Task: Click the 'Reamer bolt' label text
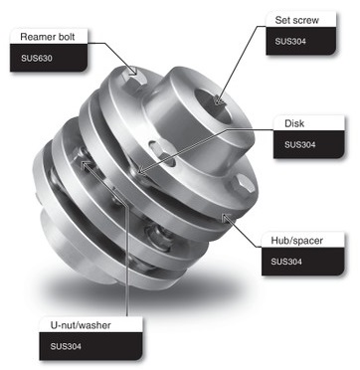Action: [x=50, y=38]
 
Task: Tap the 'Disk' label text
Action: [x=294, y=123]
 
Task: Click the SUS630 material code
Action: [x=35, y=59]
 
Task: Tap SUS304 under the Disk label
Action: [x=300, y=144]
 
